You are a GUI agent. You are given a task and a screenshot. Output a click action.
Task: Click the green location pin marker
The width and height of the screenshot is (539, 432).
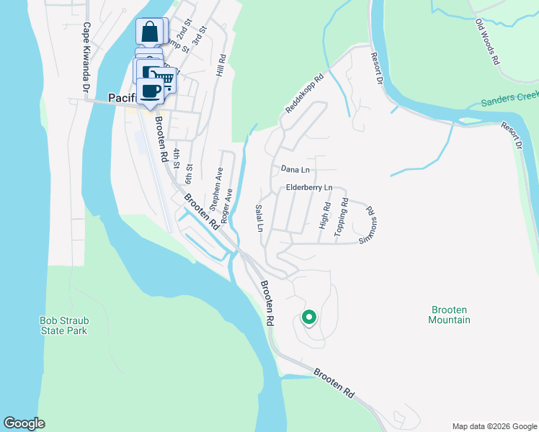click(x=308, y=317)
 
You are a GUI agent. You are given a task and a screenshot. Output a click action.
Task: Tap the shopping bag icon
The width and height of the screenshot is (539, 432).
click(x=150, y=32)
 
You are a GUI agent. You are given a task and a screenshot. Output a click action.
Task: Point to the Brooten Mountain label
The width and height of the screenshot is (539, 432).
click(x=450, y=315)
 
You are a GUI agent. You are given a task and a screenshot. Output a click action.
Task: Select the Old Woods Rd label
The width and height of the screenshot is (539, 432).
click(x=488, y=42)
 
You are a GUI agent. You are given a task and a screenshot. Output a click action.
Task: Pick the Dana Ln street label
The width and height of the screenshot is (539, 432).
click(x=295, y=169)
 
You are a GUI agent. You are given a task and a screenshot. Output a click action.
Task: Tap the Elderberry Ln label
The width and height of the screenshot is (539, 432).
click(x=308, y=188)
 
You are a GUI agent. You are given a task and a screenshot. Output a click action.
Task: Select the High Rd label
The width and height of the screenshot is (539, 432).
click(x=325, y=216)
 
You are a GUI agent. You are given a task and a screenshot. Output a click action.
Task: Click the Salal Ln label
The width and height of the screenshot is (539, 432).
click(x=259, y=217)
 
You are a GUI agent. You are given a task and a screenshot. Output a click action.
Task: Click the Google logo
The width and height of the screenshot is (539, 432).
click(x=24, y=423)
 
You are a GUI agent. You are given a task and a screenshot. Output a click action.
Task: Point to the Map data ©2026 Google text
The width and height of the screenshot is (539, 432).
click(x=494, y=426)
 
